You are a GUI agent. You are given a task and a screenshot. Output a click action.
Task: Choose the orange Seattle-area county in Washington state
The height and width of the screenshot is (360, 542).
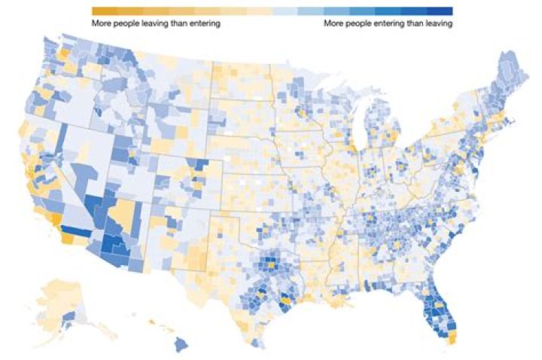tap(62, 53)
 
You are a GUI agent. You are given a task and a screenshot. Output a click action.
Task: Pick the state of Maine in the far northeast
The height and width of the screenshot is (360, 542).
tap(512, 72)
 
